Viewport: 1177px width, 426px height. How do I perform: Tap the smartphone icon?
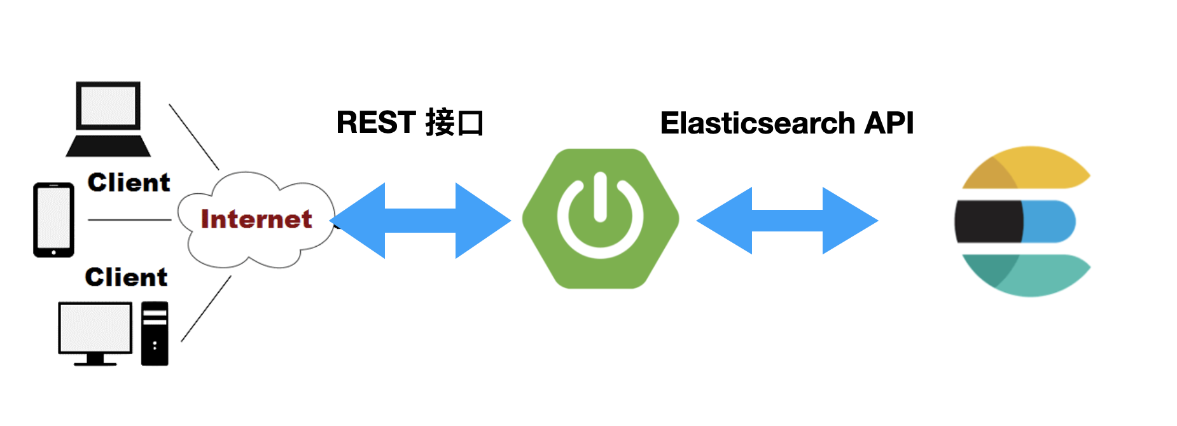[53, 220]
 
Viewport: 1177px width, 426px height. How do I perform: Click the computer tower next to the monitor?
[155, 333]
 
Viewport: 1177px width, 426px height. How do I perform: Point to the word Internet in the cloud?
[256, 219]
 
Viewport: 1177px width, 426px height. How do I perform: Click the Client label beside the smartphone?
[129, 183]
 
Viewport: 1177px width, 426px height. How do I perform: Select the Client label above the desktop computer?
[126, 277]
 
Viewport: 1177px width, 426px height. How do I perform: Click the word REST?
[375, 123]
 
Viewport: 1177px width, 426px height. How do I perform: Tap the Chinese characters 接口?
[454, 123]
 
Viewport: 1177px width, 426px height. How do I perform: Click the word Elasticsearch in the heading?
[757, 123]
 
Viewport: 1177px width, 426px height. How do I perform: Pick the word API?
[889, 123]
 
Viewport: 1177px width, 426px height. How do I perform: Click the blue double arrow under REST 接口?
[421, 221]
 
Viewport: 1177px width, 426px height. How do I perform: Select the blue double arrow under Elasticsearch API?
[787, 221]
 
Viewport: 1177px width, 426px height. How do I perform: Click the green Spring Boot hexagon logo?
[600, 219]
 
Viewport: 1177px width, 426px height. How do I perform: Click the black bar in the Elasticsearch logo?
[988, 221]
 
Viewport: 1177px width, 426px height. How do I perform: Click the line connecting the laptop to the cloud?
[193, 137]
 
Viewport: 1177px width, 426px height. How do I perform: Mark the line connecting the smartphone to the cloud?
[129, 220]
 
